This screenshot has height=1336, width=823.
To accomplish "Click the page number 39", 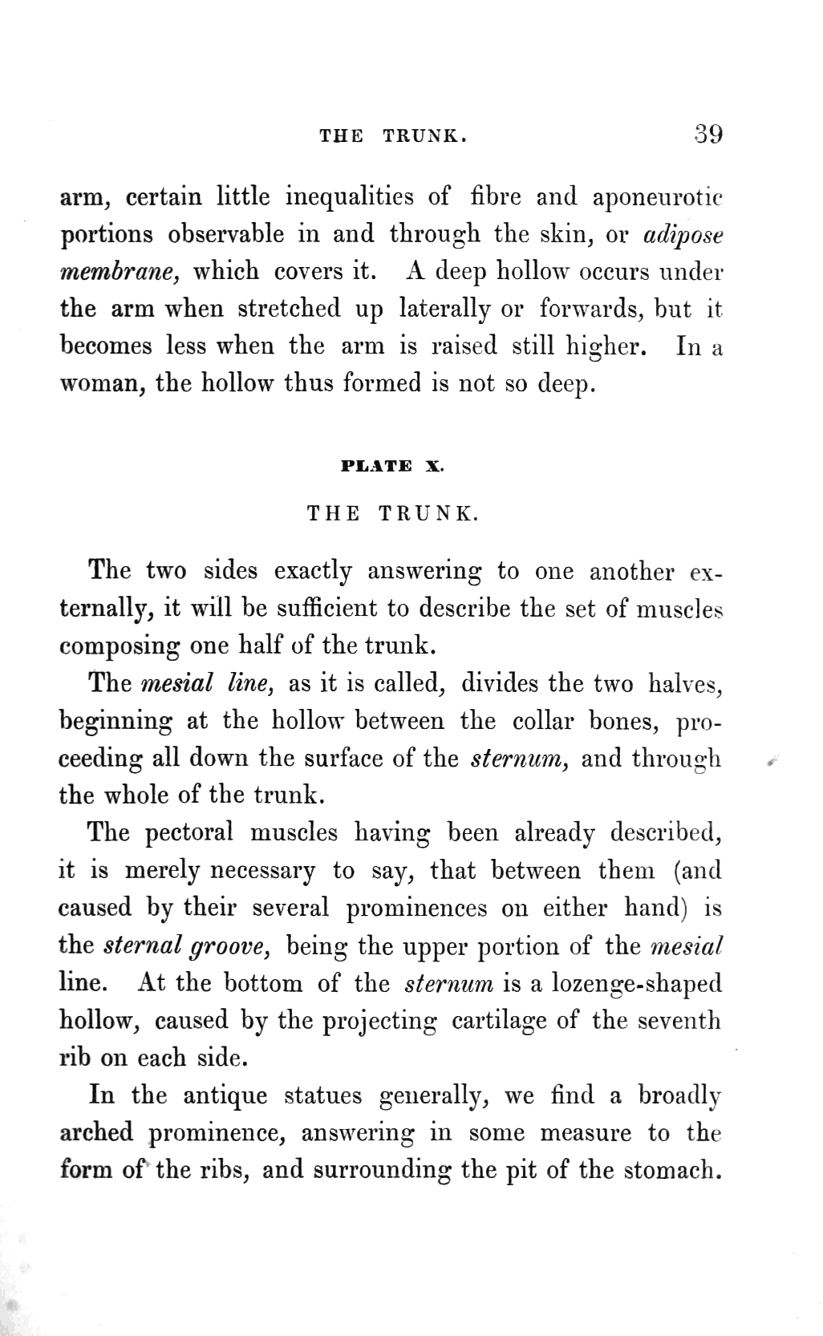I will tap(708, 133).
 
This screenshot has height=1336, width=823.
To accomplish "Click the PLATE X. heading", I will tap(392, 467).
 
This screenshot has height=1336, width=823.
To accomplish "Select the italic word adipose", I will tap(683, 234).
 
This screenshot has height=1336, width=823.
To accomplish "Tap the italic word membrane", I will tap(119, 271).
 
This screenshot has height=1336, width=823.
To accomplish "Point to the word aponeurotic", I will tap(658, 197).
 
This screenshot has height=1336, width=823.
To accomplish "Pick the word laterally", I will tap(445, 308).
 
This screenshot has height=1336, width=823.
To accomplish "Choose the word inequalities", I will tap(349, 197).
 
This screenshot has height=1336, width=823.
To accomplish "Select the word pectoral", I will tap(189, 832).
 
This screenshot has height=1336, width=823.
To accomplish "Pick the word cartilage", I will tap(497, 1021).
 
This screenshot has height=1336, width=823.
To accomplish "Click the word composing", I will tap(120, 646).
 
